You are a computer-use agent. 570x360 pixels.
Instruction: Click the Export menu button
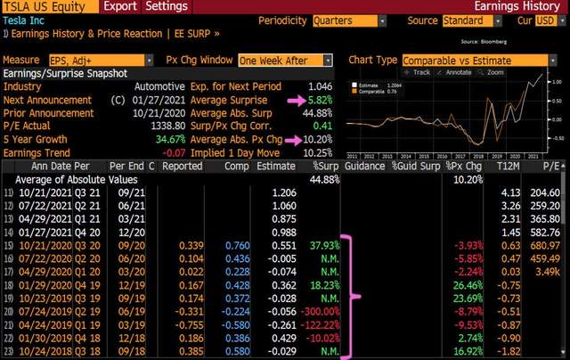point(118,6)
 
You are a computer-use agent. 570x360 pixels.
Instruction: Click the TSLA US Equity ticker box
point(46,6)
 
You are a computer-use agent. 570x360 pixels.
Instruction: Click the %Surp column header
point(326,166)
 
